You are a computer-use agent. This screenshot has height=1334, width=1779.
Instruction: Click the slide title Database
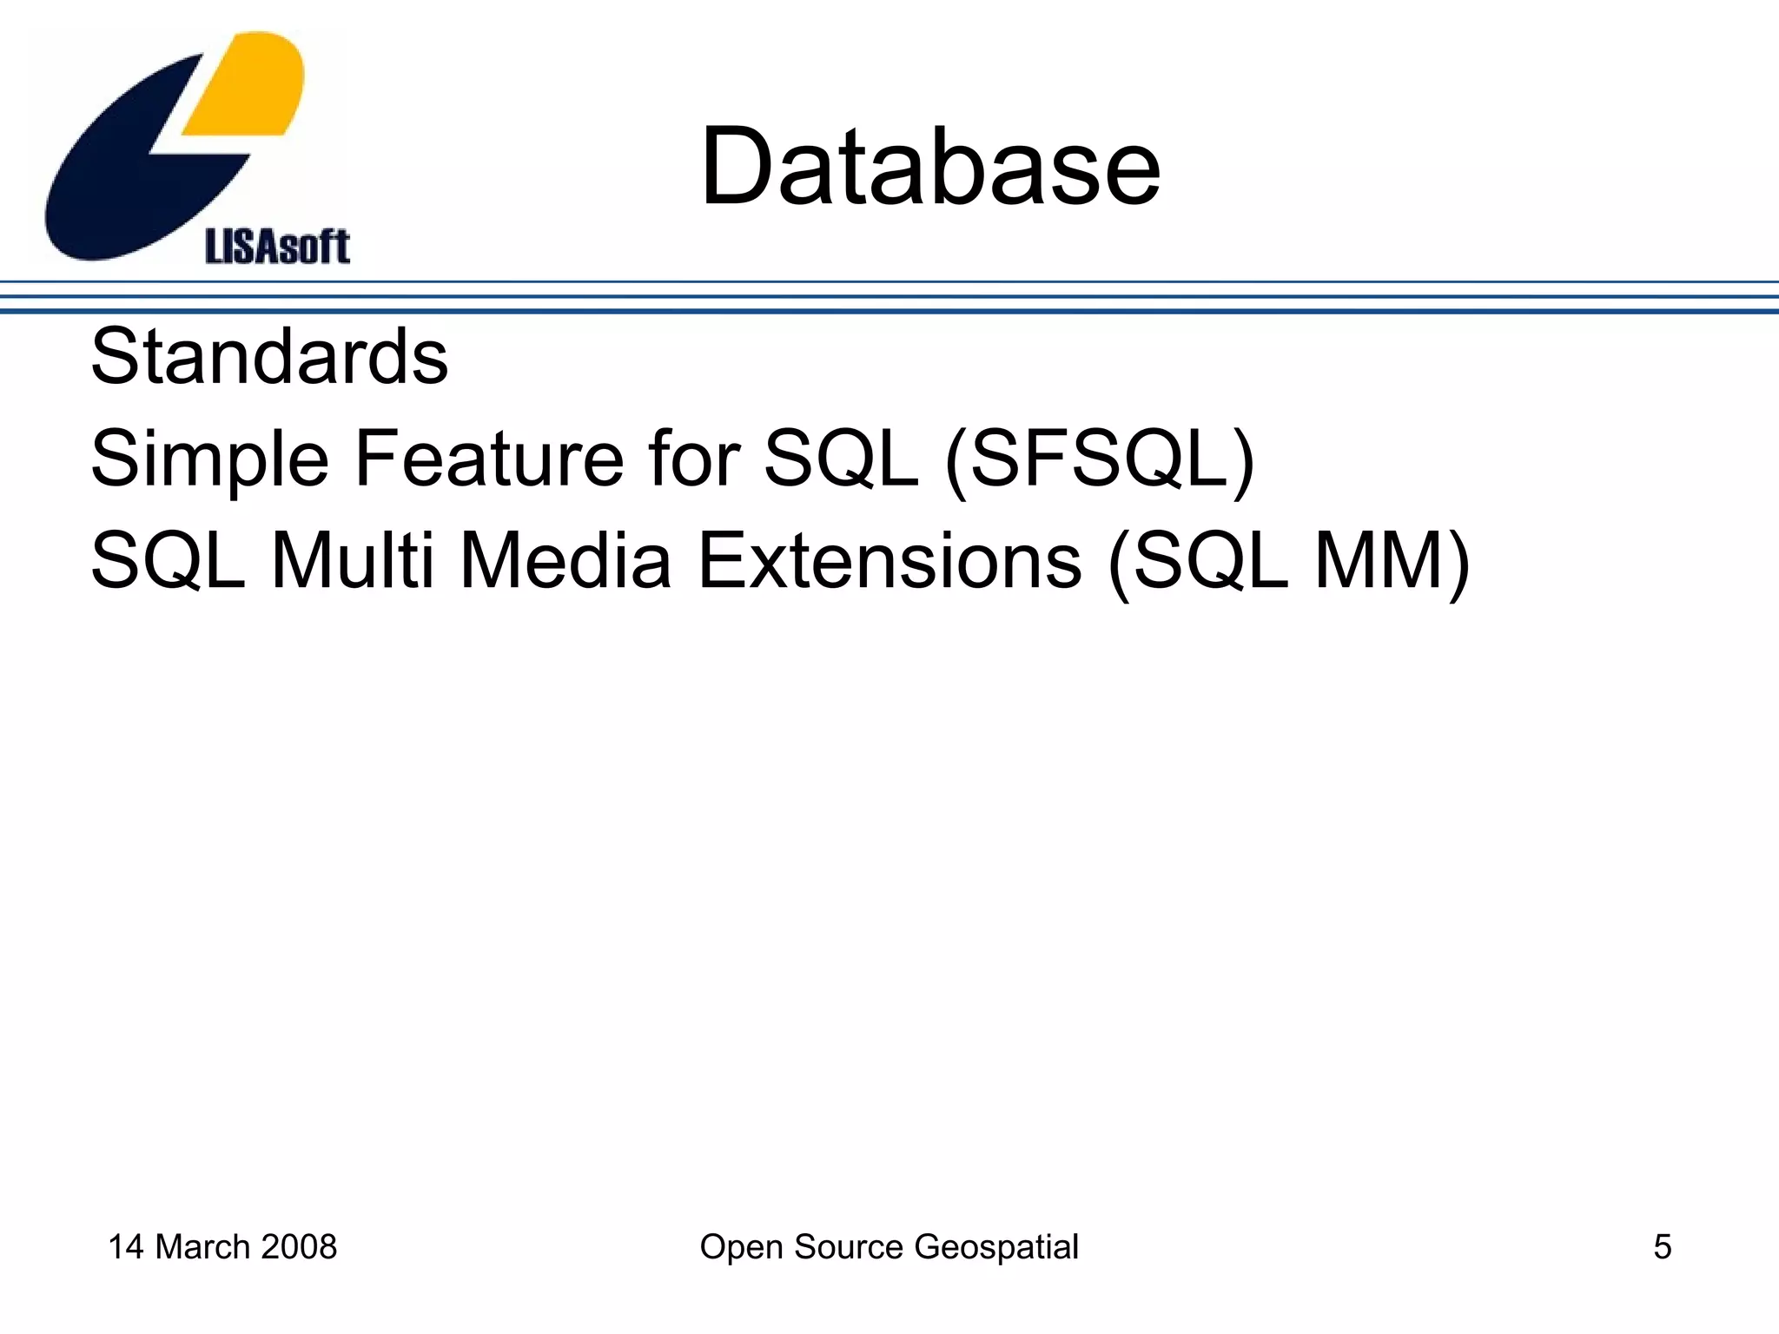(x=930, y=167)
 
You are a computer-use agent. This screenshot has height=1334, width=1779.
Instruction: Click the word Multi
(x=352, y=561)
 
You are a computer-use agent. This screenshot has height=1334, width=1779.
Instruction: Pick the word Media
(x=565, y=561)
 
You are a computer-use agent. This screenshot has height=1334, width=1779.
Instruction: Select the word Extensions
(x=890, y=561)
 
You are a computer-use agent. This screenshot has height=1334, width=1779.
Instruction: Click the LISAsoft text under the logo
(x=277, y=247)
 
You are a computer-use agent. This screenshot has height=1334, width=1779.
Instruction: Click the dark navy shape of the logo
(x=130, y=174)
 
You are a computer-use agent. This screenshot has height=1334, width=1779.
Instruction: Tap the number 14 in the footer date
(x=126, y=1247)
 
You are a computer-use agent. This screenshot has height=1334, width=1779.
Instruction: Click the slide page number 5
(x=1662, y=1247)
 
